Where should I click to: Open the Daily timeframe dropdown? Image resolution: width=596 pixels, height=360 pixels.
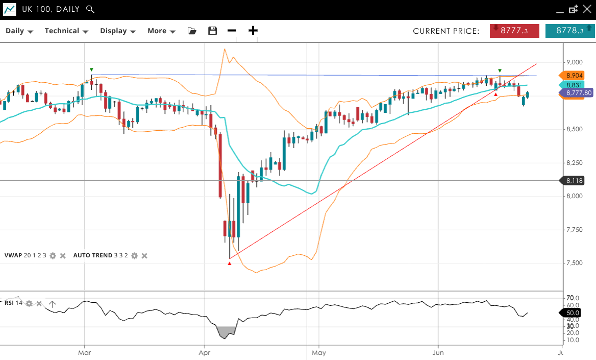coord(19,31)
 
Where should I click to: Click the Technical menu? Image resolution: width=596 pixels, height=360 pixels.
coord(66,31)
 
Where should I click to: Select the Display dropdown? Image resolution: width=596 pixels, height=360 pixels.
coord(117,31)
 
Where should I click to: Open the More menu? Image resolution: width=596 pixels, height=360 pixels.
coord(161,31)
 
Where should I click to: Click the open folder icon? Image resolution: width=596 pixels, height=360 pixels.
coord(192,31)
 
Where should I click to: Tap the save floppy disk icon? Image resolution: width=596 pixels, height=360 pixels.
coord(213,31)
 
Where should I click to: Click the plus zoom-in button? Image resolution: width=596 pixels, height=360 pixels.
coord(253,31)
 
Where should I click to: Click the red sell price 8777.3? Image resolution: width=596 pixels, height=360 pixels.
coord(514,31)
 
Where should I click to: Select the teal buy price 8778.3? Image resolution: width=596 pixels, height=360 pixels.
coord(569,31)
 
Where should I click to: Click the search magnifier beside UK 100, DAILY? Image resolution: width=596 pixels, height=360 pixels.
coord(90,9)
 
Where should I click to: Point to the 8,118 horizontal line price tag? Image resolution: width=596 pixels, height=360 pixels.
coord(574,180)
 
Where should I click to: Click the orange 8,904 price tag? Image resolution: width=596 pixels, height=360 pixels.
coord(574,76)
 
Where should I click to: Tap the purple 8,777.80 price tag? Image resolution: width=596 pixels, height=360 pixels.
coord(578,92)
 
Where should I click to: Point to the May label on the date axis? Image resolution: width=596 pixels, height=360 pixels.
coord(318,352)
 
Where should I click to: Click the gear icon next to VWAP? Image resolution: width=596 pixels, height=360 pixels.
coord(53,255)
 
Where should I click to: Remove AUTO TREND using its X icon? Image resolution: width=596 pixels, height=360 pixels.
coord(144,255)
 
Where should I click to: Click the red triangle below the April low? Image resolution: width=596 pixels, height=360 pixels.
coord(230,263)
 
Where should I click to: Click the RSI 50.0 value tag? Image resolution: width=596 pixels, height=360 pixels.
coord(573,313)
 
